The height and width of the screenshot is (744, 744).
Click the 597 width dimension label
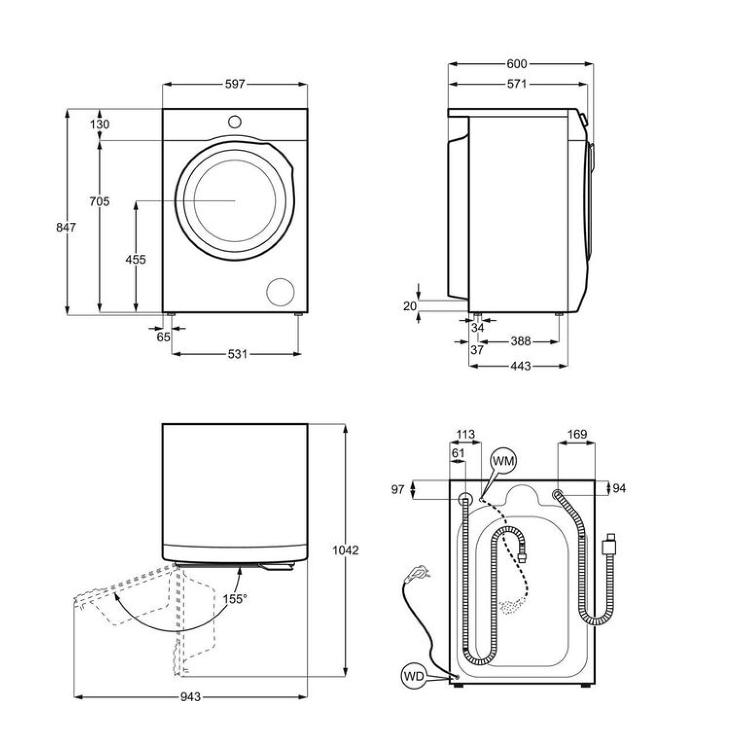pos(235,84)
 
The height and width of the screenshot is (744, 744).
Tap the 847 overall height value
pos(66,227)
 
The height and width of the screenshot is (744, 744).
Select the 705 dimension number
pos(100,201)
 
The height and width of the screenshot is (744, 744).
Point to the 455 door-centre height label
pos(135,259)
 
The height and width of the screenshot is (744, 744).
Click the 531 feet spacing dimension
pos(237,354)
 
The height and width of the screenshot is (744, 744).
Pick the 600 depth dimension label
pos(517,64)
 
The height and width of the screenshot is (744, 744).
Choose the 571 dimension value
pos(517,84)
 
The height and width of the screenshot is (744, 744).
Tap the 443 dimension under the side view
pos(520,366)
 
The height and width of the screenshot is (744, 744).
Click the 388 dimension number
pos(520,341)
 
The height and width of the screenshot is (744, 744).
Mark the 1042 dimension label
pos(345,551)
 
